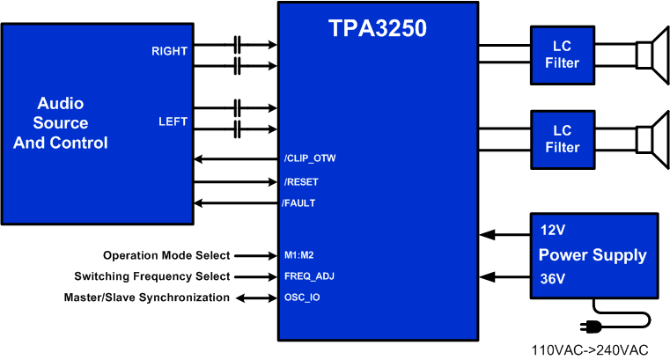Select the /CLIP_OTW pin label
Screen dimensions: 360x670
310,158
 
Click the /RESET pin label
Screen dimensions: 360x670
301,182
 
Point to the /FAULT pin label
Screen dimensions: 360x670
298,203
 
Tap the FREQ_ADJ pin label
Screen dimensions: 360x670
309,276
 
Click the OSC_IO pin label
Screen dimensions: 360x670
301,298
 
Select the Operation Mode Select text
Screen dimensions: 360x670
166,255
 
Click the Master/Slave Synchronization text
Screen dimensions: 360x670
147,298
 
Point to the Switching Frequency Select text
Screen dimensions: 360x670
152,276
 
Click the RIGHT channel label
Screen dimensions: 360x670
169,51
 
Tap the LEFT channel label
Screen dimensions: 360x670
173,121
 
